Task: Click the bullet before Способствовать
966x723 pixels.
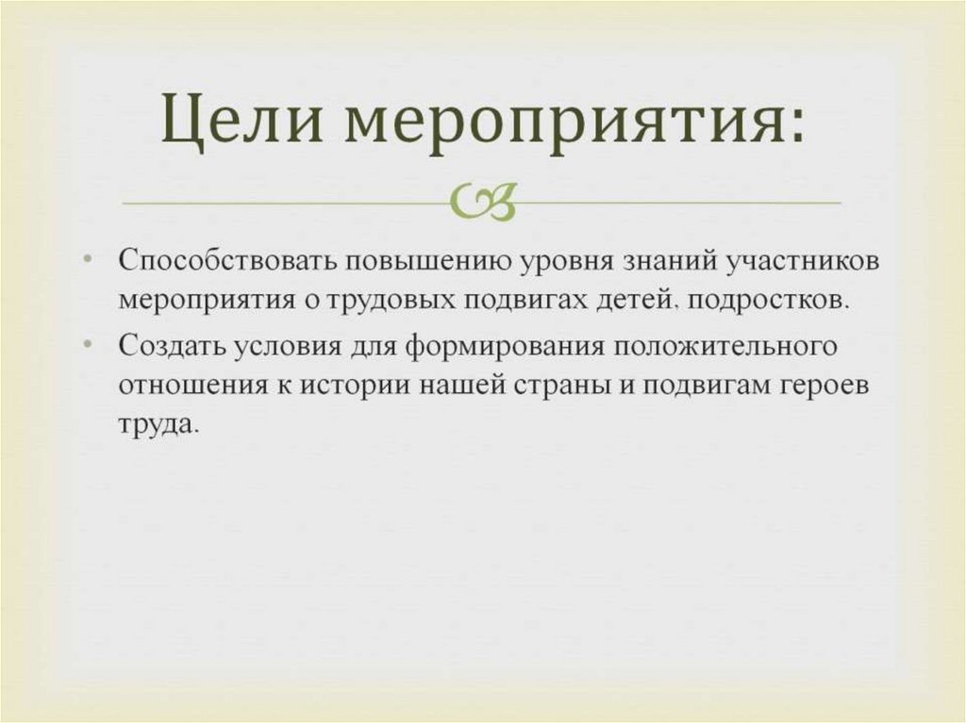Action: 88,259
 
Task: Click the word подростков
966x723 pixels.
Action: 767,302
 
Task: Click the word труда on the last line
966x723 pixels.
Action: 158,427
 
